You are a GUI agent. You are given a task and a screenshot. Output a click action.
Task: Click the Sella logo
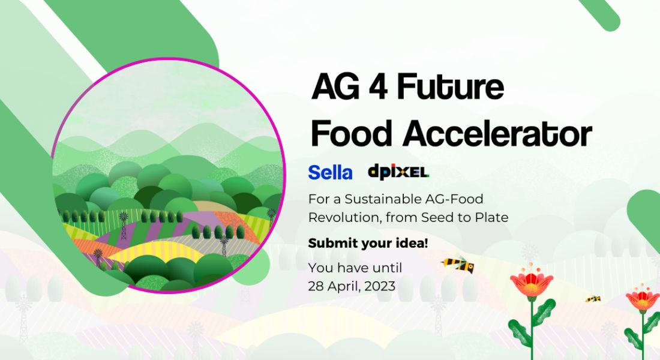pos(330,172)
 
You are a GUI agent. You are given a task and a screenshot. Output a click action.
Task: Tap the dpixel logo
pos(398,172)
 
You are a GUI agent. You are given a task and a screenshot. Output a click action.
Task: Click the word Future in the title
pos(450,86)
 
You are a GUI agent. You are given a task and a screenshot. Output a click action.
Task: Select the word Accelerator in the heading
pos(497,133)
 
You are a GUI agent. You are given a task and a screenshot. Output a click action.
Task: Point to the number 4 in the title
pos(378,87)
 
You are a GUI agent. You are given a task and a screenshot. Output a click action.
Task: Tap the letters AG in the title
pos(336,87)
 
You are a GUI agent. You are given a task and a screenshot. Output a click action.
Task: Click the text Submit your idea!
pos(368,244)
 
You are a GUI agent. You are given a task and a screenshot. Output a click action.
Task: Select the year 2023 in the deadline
pos(380,286)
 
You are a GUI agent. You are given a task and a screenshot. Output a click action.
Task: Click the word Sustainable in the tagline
pos(383,199)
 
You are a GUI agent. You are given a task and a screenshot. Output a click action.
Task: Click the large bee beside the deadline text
pos(458,264)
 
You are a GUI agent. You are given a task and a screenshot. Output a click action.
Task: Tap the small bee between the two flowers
pos(593,299)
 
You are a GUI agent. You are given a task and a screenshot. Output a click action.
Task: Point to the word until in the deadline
pos(388,268)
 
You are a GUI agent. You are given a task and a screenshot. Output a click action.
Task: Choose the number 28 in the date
pos(316,286)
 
